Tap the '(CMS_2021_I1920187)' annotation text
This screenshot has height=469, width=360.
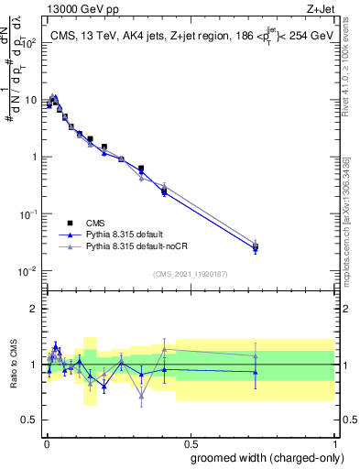click(190, 273)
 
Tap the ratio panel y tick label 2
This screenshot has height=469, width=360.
click(33, 309)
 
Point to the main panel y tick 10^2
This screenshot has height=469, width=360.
click(28, 43)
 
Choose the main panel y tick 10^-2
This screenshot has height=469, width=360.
click(28, 271)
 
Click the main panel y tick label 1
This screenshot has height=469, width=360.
click(33, 158)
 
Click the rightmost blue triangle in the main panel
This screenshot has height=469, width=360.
click(256, 248)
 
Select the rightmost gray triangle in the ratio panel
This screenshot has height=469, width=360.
click(256, 356)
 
